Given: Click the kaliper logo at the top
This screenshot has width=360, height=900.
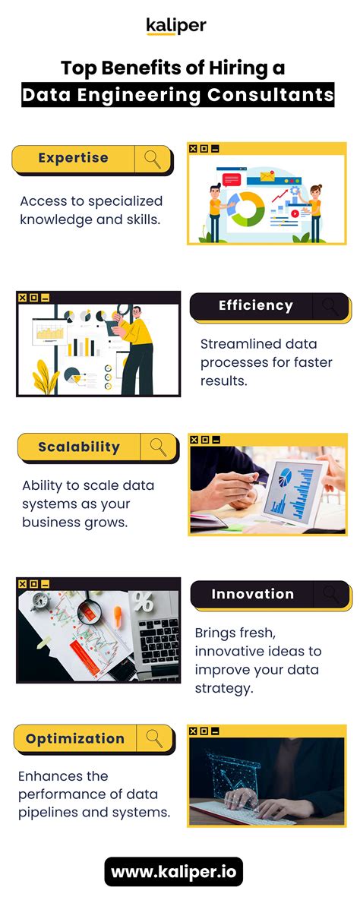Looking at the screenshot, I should tap(176, 27).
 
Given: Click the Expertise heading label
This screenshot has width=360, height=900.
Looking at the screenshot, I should tap(73, 158).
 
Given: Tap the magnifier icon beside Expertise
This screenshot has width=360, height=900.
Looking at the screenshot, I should tap(153, 159).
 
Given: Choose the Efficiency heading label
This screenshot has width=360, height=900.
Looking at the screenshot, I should tap(255, 305).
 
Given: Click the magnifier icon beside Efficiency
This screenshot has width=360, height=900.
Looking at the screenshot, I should tap(330, 306).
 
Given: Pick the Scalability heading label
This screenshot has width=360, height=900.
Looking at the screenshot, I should tap(79, 447).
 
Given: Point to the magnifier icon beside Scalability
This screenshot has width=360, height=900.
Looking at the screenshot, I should tap(159, 447).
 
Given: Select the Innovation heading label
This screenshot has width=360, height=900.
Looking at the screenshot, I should tap(252, 594).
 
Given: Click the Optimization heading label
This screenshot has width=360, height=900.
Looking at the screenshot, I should tap(74, 738).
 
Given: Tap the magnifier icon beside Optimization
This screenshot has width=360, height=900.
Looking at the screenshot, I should tap(155, 738).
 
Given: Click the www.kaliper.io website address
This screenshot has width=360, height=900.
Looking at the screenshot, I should tap(175, 873).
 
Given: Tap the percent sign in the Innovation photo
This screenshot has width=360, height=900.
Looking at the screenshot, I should tap(142, 602).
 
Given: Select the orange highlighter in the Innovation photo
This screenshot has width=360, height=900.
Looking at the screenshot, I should tap(119, 615).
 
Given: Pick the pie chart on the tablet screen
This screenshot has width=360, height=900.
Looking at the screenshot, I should tap(286, 477).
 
